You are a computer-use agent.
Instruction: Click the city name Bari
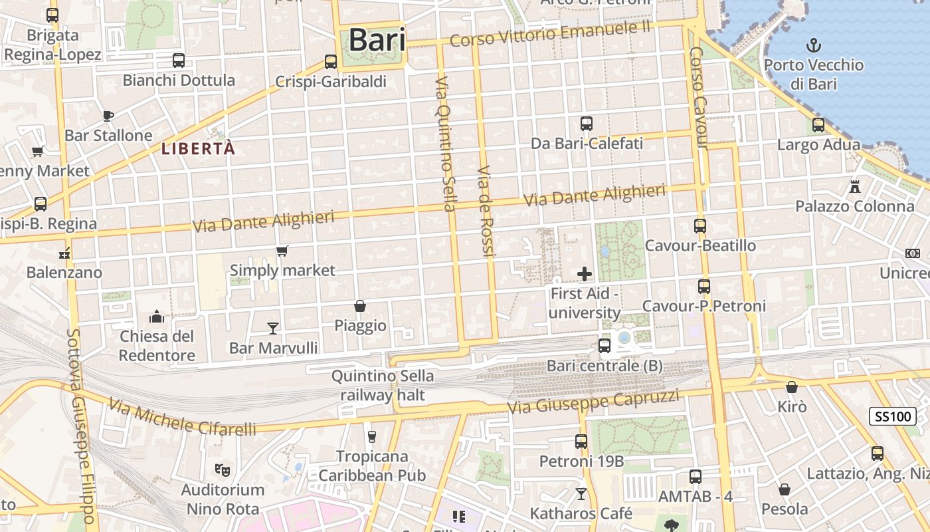click(x=376, y=40)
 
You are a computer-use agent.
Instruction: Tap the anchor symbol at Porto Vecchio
click(x=814, y=45)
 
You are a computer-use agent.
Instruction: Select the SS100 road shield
click(x=893, y=417)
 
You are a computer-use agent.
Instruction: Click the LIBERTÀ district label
click(x=198, y=149)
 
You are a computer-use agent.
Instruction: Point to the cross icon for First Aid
click(x=585, y=273)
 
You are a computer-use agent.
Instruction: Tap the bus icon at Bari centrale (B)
click(x=604, y=345)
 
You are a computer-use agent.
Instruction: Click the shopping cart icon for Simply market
click(x=282, y=251)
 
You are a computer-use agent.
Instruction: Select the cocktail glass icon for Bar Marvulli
click(x=273, y=328)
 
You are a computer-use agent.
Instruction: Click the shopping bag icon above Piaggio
click(x=360, y=306)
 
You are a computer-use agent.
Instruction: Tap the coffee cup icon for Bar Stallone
click(x=108, y=116)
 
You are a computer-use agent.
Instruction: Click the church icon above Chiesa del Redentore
click(x=157, y=316)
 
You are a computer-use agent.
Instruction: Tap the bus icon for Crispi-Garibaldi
click(x=331, y=62)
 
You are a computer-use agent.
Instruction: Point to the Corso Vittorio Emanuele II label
click(x=550, y=33)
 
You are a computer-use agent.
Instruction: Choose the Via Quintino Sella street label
click(x=444, y=144)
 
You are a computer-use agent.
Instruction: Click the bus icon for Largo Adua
click(x=818, y=124)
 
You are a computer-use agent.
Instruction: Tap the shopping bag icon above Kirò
click(x=792, y=387)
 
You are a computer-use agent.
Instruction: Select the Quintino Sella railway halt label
click(x=382, y=386)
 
